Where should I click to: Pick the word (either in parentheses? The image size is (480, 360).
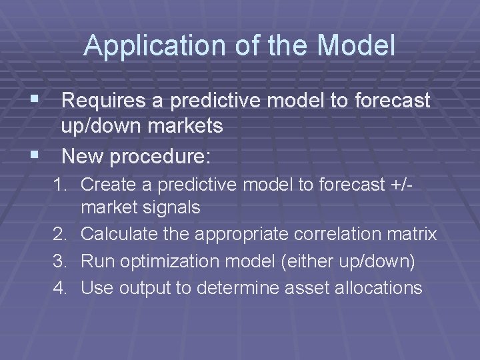point(306,261)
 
